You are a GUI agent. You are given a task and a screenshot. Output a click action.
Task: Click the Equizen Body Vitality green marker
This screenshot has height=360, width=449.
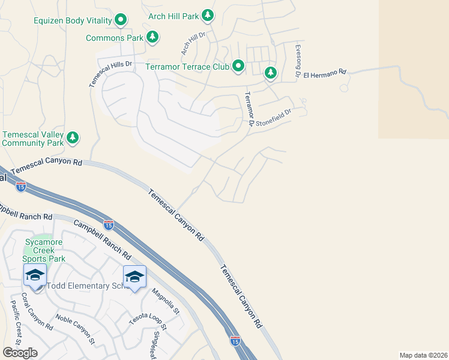coord(121,20)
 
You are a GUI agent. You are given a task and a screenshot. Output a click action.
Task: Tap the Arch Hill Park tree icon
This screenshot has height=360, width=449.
coord(208,14)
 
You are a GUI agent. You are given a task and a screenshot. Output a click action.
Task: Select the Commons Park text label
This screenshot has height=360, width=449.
coord(115,38)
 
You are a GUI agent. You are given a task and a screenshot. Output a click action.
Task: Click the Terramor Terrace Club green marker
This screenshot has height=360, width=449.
coord(238,65)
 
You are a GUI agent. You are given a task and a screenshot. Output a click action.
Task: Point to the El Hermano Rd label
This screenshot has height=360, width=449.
coord(325,74)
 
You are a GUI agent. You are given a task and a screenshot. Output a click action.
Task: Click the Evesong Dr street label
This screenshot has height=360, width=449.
coord(297,60)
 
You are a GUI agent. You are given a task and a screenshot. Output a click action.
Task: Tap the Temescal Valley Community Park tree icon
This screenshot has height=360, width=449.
coord(73,138)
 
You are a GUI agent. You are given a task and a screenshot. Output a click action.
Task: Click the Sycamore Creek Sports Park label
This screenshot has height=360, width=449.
coord(43,250)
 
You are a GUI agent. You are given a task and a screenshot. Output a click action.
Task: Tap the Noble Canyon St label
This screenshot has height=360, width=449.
coord(75,329)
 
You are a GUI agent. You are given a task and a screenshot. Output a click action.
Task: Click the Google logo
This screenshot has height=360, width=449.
coord(20,353)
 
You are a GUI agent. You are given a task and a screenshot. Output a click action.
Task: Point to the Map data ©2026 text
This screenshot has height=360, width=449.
coord(423,355)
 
